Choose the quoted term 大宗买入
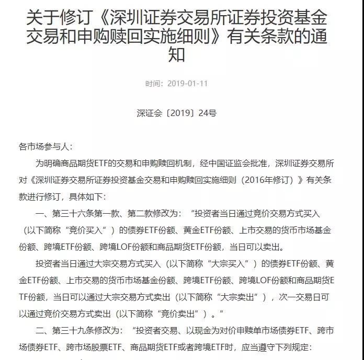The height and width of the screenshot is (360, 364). click(225, 263)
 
